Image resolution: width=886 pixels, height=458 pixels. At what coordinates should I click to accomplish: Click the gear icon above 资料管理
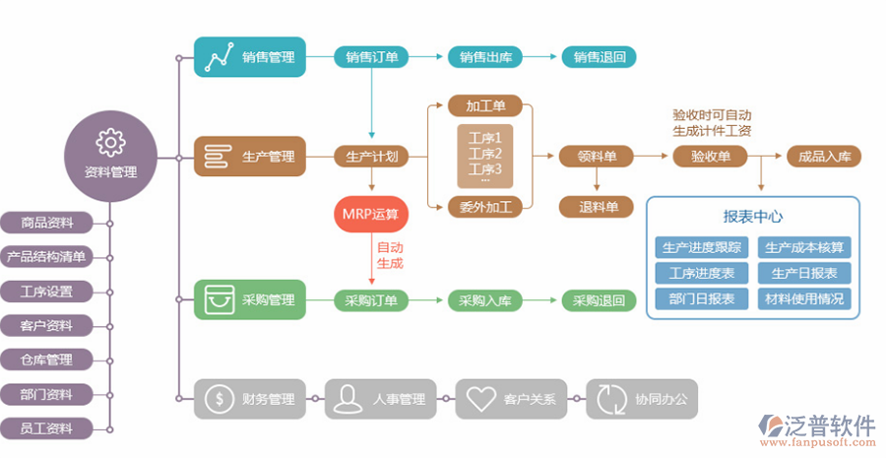110,143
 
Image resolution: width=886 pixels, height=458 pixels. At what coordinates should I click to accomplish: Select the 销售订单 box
372,57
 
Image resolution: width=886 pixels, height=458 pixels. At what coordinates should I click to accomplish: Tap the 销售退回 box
599,57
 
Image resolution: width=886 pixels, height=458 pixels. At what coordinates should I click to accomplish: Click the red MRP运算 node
371,215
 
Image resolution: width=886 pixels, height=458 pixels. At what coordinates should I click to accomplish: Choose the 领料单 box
597,156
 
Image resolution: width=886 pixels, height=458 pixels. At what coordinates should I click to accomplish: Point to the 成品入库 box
824,156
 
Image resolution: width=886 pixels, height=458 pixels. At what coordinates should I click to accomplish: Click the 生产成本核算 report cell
804,247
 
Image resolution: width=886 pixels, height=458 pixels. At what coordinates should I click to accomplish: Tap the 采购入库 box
485,300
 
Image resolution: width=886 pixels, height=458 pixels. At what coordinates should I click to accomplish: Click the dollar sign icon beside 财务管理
218,399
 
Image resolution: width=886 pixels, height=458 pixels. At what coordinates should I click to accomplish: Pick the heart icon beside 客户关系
480,399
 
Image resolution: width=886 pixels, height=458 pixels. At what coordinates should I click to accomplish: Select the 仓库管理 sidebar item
46,360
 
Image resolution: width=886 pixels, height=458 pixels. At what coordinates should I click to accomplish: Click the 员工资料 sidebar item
46,428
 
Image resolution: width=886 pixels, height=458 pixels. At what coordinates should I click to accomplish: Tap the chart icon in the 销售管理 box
219,57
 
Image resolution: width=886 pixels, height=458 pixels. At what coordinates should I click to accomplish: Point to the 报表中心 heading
753,217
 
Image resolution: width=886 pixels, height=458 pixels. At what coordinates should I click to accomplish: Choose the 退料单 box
597,207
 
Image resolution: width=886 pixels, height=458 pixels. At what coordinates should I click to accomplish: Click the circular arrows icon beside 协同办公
610,399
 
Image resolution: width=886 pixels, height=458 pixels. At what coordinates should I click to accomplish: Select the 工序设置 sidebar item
46,292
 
